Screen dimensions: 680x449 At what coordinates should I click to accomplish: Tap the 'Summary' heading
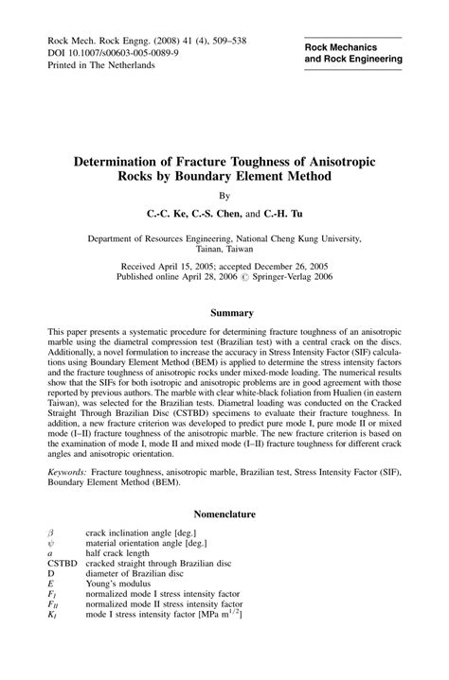click(x=224, y=312)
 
